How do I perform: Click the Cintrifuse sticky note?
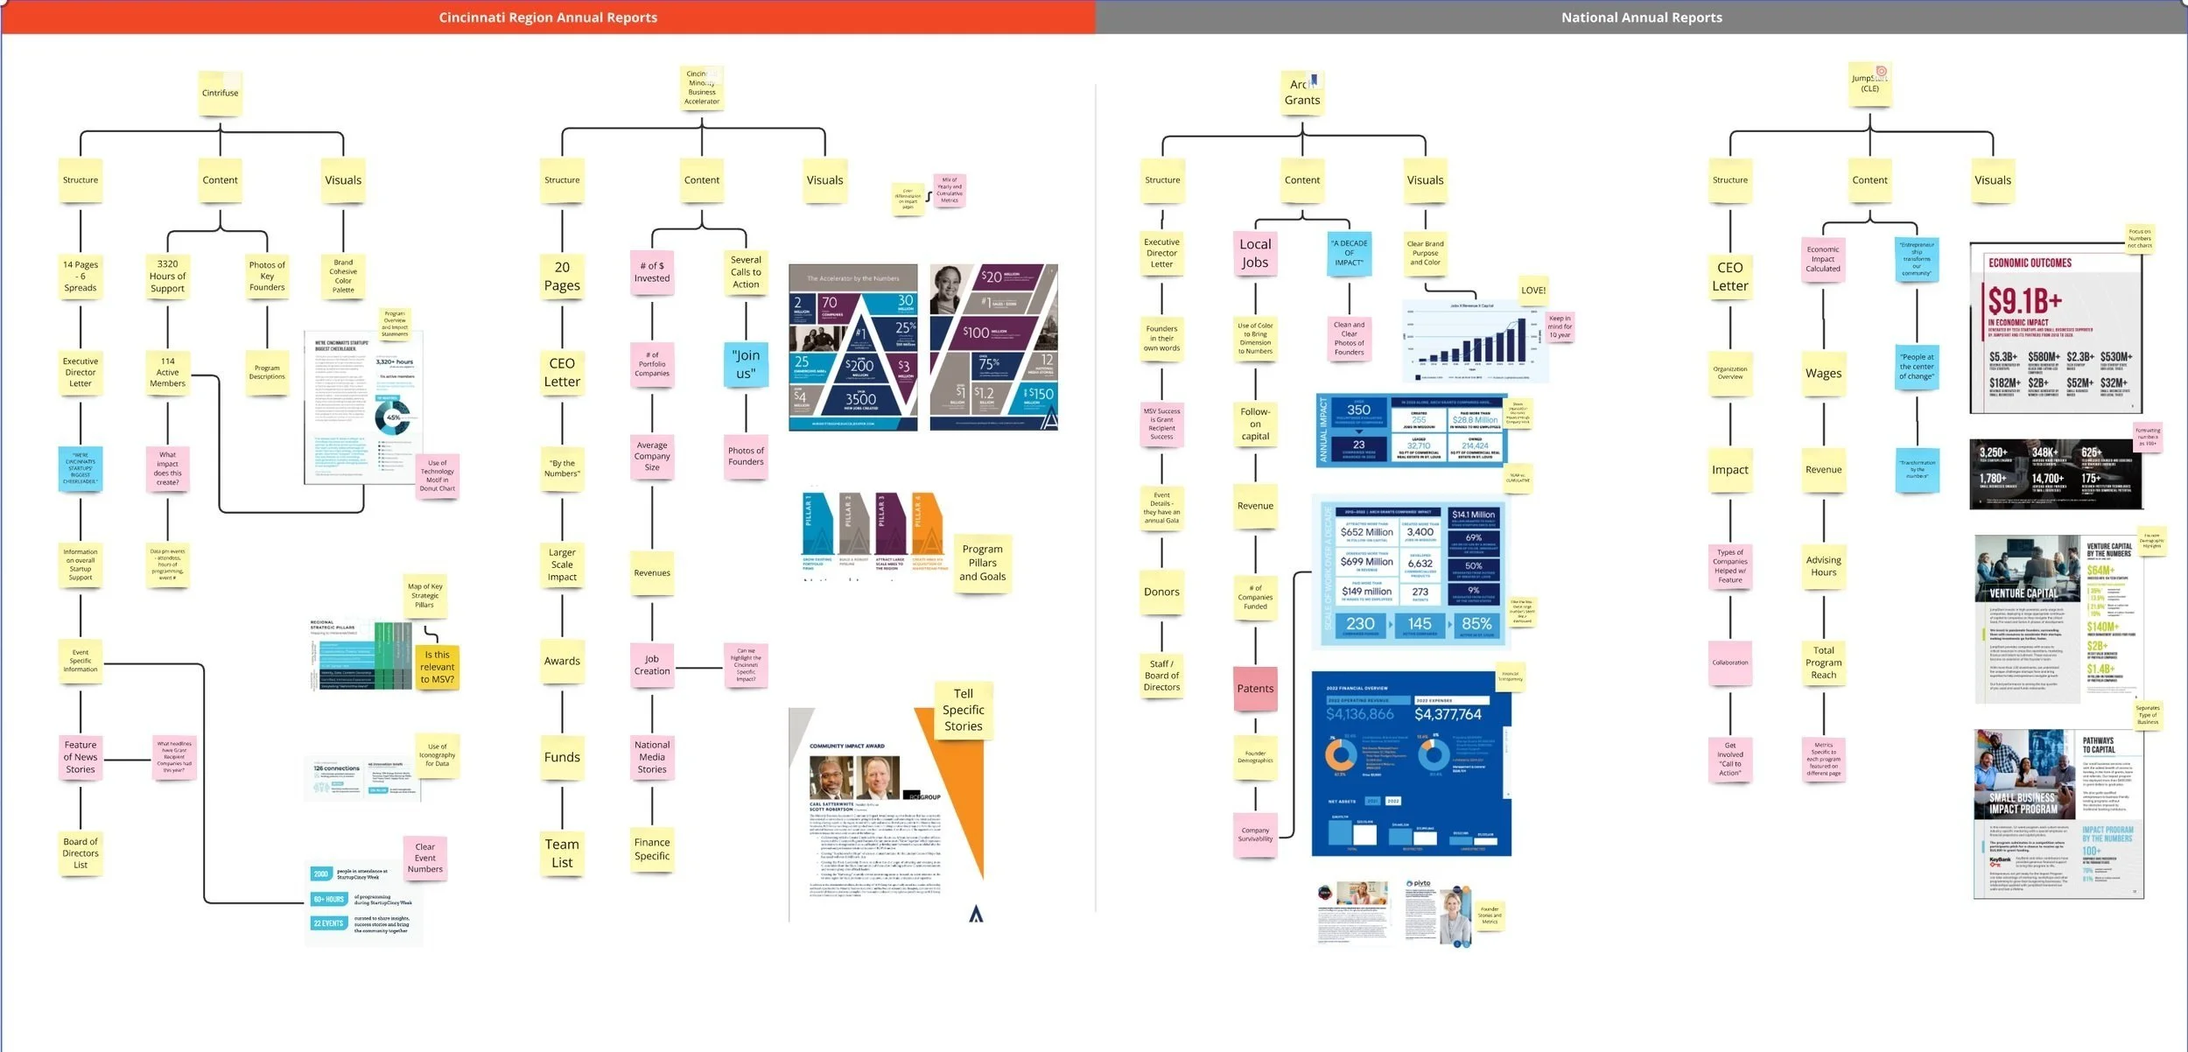220,93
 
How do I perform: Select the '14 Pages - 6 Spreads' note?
81,276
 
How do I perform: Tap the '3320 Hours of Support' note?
167,276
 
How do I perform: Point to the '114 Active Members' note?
167,372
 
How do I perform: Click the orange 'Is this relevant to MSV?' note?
437,667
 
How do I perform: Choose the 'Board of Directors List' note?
81,853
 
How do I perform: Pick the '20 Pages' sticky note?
562,276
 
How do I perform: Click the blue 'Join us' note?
746,364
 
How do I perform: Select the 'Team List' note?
562,852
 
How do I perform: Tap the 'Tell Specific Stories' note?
963,710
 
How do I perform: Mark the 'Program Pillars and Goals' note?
982,563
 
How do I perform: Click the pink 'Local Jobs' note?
1255,253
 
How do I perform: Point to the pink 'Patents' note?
1255,689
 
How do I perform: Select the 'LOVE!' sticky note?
1532,291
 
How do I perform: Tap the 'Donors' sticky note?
1161,592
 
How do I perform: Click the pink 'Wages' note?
1823,373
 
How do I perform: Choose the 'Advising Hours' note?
1823,566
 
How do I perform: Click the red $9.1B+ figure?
2024,302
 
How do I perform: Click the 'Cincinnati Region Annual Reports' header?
548,18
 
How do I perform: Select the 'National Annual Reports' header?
1641,18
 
